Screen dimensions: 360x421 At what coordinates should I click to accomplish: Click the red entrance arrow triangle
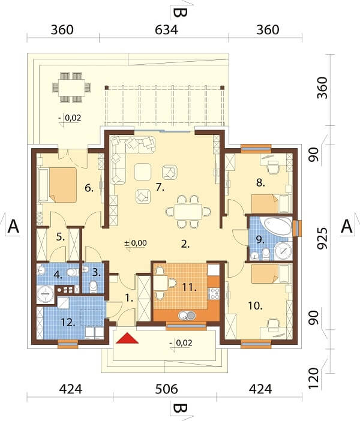click(x=127, y=338)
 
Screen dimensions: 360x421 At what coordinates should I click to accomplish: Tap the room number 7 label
click(x=160, y=188)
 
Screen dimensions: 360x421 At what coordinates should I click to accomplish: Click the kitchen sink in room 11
click(x=187, y=315)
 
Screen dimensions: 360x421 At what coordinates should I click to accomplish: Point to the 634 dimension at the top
click(x=166, y=29)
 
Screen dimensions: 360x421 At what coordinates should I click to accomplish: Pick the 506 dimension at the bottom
click(x=166, y=389)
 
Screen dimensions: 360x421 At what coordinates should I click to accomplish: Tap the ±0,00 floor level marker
click(x=136, y=243)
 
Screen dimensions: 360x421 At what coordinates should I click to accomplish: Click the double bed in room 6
click(x=62, y=185)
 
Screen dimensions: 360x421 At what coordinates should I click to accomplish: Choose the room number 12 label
click(x=68, y=323)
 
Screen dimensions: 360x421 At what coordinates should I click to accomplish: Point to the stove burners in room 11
click(x=214, y=293)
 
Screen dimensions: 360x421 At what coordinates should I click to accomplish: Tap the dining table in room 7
click(x=188, y=212)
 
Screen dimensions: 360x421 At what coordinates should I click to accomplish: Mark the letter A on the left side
click(x=13, y=226)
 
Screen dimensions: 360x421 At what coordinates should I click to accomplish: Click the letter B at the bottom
click(x=180, y=408)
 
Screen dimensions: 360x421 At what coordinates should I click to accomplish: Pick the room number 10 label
click(x=255, y=305)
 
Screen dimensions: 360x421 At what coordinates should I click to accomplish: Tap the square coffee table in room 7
click(x=143, y=172)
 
